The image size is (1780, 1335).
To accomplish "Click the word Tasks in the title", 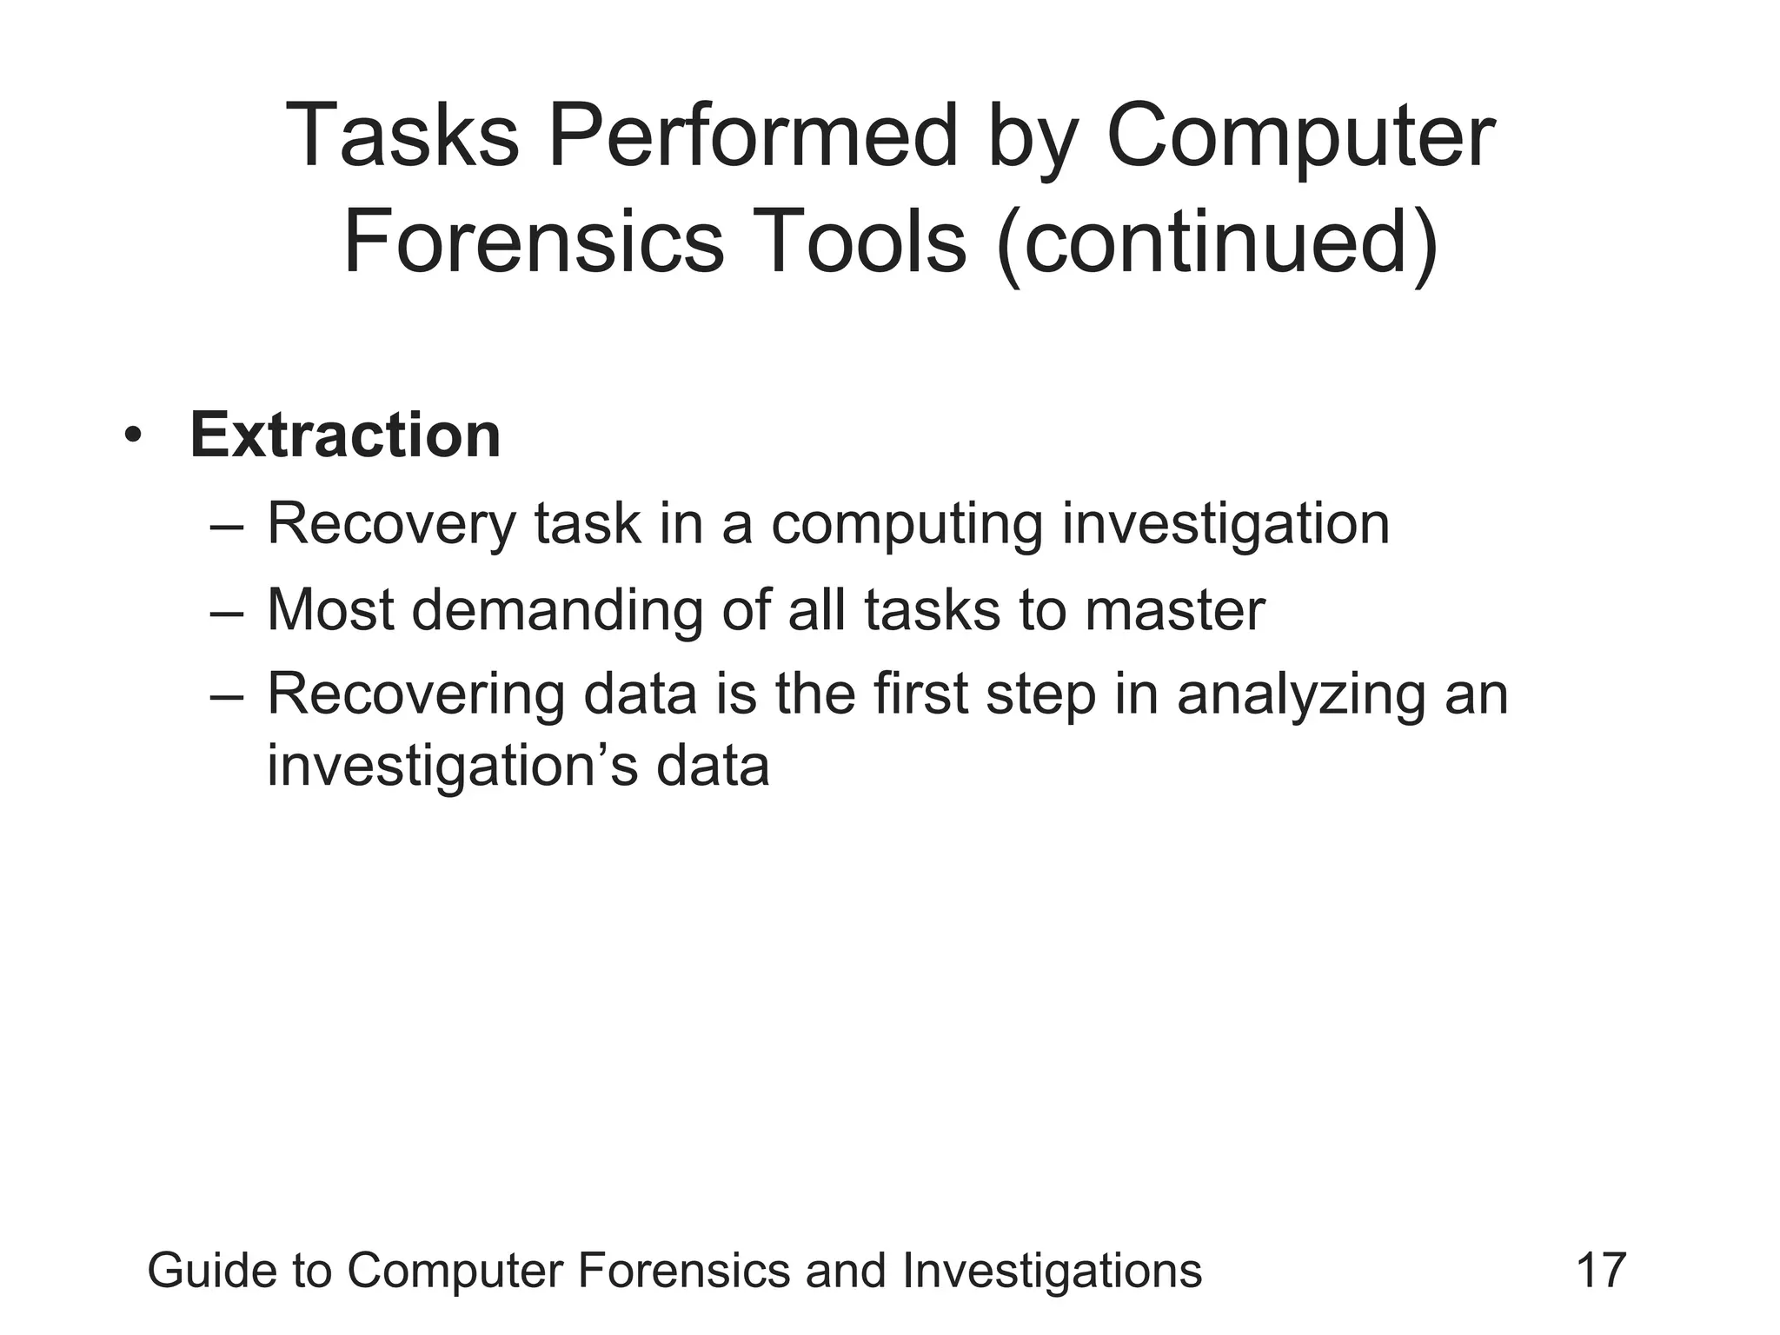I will [402, 136].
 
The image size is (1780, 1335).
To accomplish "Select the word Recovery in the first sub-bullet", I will [391, 524].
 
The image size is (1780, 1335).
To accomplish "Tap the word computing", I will [907, 524].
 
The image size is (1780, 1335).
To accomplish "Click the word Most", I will [330, 609].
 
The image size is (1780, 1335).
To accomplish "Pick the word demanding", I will [557, 609].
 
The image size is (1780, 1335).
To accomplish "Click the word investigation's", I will [452, 766].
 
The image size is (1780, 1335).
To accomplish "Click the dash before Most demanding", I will [228, 611].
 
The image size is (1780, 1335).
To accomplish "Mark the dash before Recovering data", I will [228, 696].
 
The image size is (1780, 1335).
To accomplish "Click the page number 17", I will [1600, 1271].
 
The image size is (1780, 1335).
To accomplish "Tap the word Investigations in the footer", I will [1052, 1271].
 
